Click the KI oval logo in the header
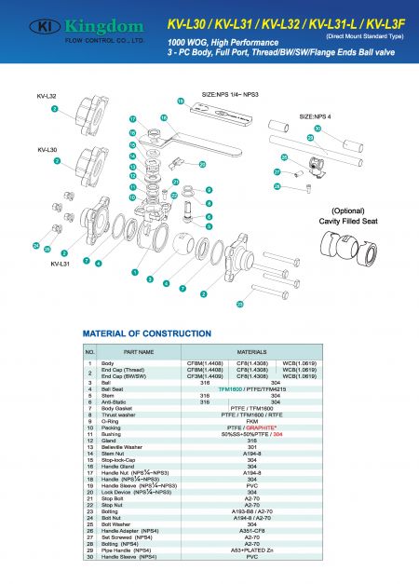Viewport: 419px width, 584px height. click(x=48, y=28)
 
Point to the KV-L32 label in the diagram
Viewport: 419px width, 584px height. click(x=47, y=96)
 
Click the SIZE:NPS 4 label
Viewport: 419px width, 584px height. click(x=318, y=116)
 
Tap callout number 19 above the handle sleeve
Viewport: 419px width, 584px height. click(x=181, y=100)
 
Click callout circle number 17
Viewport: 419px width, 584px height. click(x=132, y=120)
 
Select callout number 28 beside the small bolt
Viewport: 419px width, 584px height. click(x=277, y=187)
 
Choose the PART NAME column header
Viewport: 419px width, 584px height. click(x=139, y=351)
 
